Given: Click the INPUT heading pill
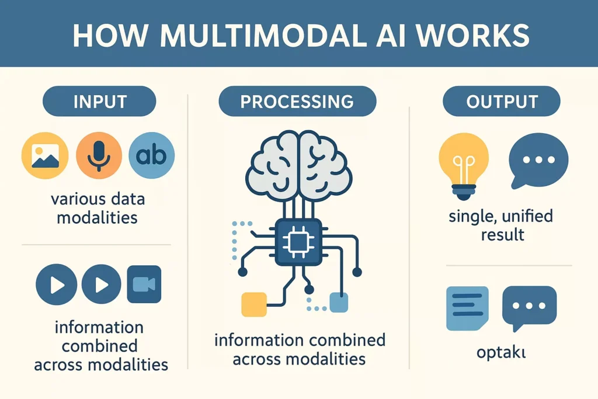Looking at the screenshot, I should tap(99, 102).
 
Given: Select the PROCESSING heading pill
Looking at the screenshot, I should tap(297, 102).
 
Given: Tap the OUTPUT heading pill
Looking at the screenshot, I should tap(502, 102).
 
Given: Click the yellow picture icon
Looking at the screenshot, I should tap(45, 155).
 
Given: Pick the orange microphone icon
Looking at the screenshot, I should tap(98, 155).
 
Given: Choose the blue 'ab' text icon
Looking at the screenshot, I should tap(151, 155).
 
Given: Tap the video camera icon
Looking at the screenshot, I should tap(144, 284).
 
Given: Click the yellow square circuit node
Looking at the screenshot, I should tap(253, 304).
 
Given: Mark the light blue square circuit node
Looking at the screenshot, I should tap(339, 303).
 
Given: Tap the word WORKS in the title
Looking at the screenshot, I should tap(475, 35).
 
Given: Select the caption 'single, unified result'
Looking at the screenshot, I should tap(501, 225).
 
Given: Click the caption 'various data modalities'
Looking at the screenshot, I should tap(98, 208).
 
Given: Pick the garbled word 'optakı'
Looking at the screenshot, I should tap(502, 354).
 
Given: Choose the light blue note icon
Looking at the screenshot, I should tap(467, 308).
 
